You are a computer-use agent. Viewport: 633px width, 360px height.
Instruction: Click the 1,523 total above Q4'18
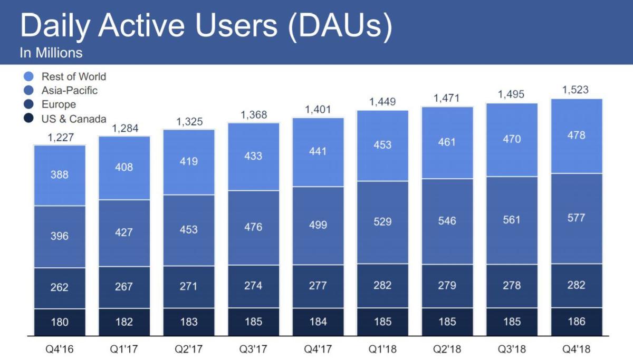point(576,90)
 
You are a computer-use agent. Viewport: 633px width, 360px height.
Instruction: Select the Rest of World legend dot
point(29,77)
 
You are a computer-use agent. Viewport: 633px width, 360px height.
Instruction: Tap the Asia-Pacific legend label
point(70,91)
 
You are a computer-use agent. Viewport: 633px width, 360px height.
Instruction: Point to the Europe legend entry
point(59,104)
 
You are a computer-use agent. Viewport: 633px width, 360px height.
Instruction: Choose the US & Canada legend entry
point(74,119)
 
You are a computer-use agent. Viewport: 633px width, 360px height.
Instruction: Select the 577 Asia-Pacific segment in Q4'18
point(576,218)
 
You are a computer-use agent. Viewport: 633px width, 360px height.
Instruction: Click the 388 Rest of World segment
point(60,174)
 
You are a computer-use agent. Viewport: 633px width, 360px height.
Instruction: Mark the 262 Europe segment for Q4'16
point(60,288)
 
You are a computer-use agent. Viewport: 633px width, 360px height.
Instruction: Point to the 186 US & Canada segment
point(576,321)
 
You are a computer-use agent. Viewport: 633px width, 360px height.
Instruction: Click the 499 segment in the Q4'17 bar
point(318,225)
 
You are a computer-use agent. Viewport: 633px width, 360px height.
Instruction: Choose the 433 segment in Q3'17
point(253,156)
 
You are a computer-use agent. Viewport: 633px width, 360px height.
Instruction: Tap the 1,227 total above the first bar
point(60,138)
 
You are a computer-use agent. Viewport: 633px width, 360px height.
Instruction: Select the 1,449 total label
point(382,102)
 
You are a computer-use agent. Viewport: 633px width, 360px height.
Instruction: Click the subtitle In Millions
point(51,53)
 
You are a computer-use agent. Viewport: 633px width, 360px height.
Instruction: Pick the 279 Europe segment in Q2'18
point(447,285)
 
